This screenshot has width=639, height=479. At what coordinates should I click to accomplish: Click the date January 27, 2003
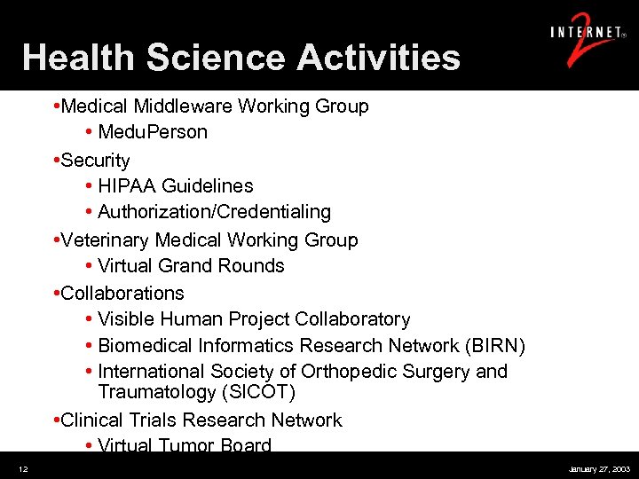(599, 467)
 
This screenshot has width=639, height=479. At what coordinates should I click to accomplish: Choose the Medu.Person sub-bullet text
(153, 132)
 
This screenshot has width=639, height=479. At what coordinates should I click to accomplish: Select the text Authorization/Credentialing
(214, 212)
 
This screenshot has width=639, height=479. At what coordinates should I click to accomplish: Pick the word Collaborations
(122, 293)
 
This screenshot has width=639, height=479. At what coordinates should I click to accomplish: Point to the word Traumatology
(152, 392)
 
